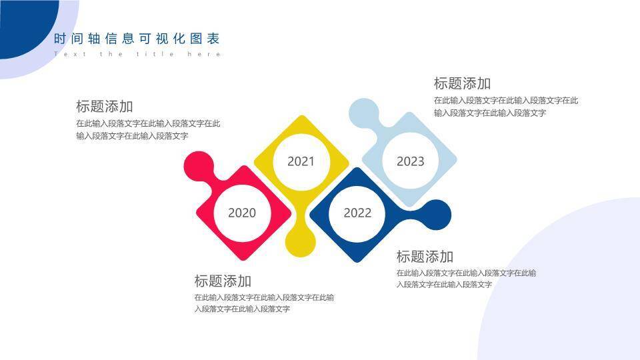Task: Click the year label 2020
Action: pyautogui.click(x=241, y=213)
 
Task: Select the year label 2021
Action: pyautogui.click(x=301, y=161)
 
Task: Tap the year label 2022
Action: pyautogui.click(x=357, y=213)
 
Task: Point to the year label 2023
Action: pyautogui.click(x=410, y=161)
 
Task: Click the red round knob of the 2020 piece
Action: pyautogui.click(x=198, y=166)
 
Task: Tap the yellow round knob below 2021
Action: pyautogui.click(x=300, y=241)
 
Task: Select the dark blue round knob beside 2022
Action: pyautogui.click(x=436, y=215)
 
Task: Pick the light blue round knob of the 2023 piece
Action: pyautogui.click(x=364, y=113)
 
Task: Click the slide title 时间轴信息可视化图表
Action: pyautogui.click(x=137, y=39)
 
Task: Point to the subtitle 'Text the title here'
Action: pyautogui.click(x=137, y=54)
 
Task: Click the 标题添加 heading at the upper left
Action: pyautogui.click(x=105, y=106)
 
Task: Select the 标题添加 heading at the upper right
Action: pyautogui.click(x=462, y=83)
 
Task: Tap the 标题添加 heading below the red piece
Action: pyautogui.click(x=223, y=281)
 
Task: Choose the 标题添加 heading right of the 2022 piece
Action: pyautogui.click(x=425, y=257)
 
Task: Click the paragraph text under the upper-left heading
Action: pyautogui.click(x=148, y=129)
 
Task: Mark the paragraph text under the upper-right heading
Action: pyautogui.click(x=505, y=107)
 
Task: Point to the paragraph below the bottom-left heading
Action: pyautogui.click(x=264, y=303)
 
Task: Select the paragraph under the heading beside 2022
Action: pyautogui.click(x=466, y=279)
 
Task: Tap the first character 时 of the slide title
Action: pyautogui.click(x=60, y=39)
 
